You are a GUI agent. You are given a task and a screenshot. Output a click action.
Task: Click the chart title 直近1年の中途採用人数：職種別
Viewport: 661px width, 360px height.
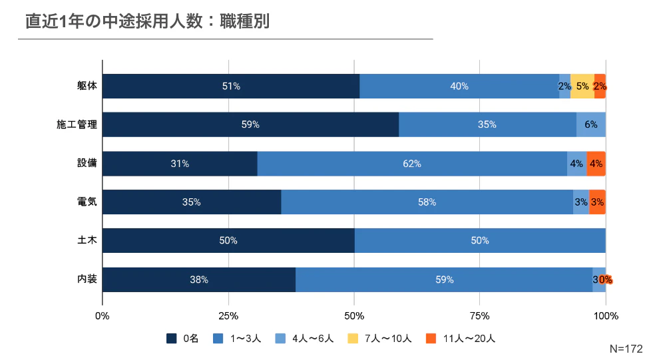pyautogui.click(x=147, y=21)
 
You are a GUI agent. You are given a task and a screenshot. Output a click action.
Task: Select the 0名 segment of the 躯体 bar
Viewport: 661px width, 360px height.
pyautogui.click(x=231, y=86)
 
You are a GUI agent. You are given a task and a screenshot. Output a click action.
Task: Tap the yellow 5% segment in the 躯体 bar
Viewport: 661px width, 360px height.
pyautogui.click(x=582, y=86)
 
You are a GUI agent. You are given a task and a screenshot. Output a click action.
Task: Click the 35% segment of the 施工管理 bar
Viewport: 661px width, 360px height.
pyautogui.click(x=487, y=124)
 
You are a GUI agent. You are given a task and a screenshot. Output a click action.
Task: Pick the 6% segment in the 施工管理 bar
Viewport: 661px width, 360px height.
pyautogui.click(x=591, y=124)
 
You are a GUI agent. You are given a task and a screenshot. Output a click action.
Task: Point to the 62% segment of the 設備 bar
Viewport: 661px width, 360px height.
pyautogui.click(x=412, y=164)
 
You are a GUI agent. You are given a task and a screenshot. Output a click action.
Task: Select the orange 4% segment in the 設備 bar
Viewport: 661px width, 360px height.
pyautogui.click(x=596, y=164)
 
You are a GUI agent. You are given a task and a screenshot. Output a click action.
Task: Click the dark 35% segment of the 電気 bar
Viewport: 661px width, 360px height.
pyautogui.click(x=192, y=202)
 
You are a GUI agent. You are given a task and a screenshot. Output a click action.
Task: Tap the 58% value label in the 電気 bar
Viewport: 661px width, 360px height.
pyautogui.click(x=427, y=202)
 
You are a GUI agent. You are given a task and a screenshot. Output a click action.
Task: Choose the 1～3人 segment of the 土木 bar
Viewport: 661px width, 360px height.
pyautogui.click(x=480, y=241)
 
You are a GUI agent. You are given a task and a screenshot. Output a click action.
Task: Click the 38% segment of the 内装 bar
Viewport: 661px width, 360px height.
pyautogui.click(x=199, y=279)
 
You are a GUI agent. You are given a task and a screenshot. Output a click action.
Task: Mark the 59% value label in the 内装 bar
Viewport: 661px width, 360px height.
pyautogui.click(x=444, y=279)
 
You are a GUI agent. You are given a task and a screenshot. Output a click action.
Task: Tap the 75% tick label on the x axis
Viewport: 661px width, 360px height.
pyautogui.click(x=480, y=315)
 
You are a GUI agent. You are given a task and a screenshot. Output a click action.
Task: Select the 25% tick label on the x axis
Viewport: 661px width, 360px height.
pyautogui.click(x=228, y=315)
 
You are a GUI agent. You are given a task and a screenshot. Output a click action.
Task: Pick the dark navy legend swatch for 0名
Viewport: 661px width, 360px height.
pyautogui.click(x=171, y=339)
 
